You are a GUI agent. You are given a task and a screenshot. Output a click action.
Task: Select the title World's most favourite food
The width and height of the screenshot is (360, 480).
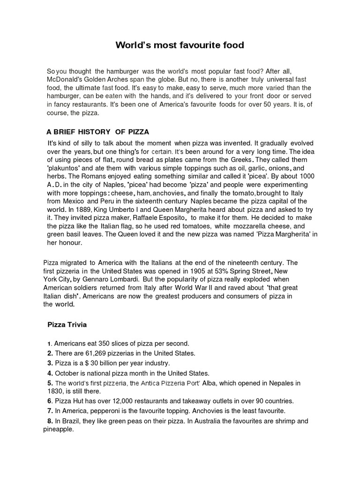180,45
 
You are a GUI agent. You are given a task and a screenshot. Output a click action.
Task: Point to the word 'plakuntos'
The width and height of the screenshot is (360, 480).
67,168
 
